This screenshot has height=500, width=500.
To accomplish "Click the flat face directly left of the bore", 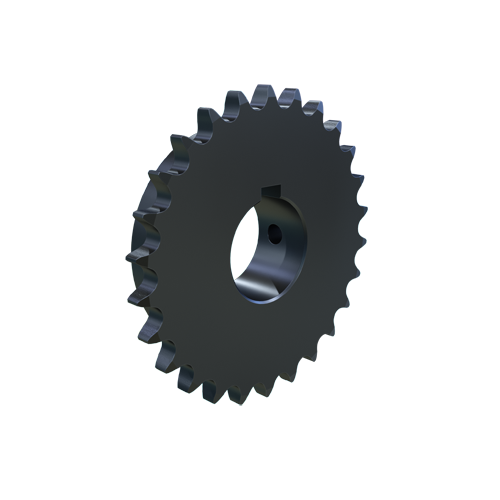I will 195,250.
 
